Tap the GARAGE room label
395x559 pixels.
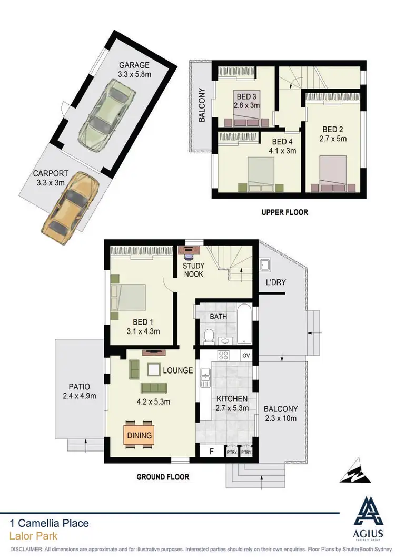point(134,65)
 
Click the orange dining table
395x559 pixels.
point(139,435)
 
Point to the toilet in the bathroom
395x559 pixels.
point(209,335)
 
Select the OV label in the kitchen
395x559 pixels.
point(245,356)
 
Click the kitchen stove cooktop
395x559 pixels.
point(223,356)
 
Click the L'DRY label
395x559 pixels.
point(275,282)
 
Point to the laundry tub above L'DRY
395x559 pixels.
point(265,264)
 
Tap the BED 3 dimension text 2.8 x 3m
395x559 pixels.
point(247,105)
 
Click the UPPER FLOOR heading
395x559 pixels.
point(285,212)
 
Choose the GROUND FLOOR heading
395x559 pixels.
point(163,477)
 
